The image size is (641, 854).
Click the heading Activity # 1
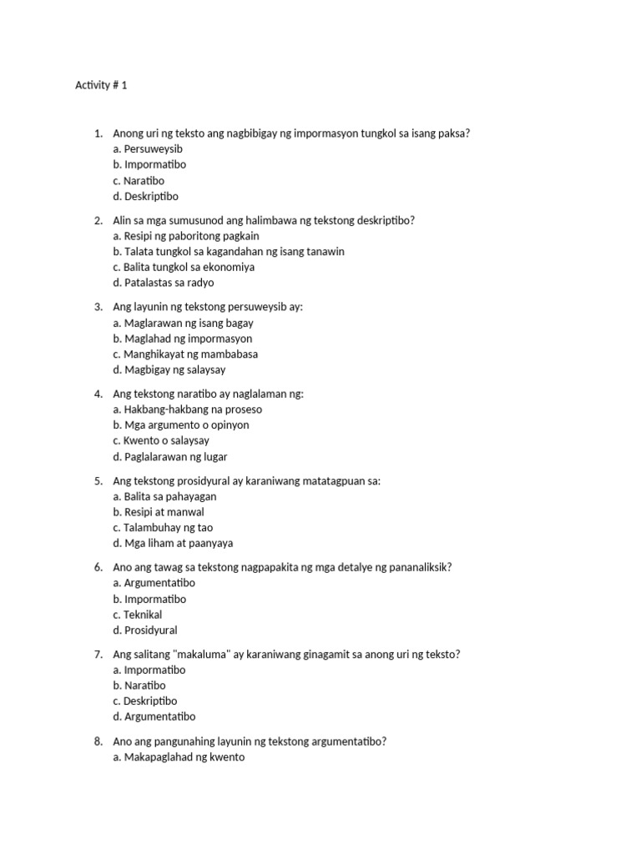click(101, 86)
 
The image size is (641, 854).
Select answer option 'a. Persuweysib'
click(148, 148)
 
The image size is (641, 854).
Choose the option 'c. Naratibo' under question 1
click(139, 180)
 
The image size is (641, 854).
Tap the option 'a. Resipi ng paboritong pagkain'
click(186, 236)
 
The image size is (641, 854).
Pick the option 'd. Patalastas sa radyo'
click(164, 283)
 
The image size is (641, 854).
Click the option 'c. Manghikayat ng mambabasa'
click(185, 354)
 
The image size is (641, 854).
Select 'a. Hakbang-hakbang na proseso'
click(187, 409)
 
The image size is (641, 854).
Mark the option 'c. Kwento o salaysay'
click(161, 440)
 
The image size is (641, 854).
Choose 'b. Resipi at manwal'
click(159, 512)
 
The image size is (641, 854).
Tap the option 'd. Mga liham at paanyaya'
click(173, 543)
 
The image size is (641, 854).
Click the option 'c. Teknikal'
click(138, 615)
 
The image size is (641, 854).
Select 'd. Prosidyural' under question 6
click(145, 630)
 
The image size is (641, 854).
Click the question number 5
click(98, 481)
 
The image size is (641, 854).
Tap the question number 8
click(98, 741)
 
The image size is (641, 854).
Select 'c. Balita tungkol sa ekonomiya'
click(184, 267)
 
